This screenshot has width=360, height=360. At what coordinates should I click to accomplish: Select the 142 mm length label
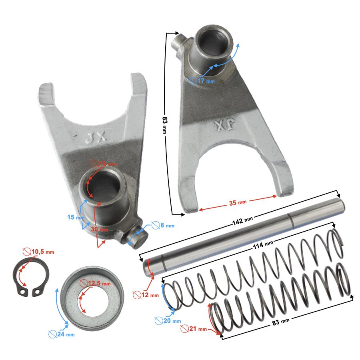click(244, 220)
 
